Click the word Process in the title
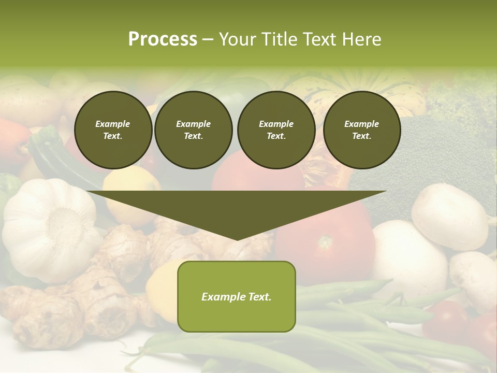coord(163,39)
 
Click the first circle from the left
coord(113,130)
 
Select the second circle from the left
coord(193,130)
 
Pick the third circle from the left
coord(276,130)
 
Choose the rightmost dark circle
coord(361,130)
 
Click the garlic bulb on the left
coord(49,228)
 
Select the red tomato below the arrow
coord(326,238)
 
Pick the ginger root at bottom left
coord(47,316)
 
